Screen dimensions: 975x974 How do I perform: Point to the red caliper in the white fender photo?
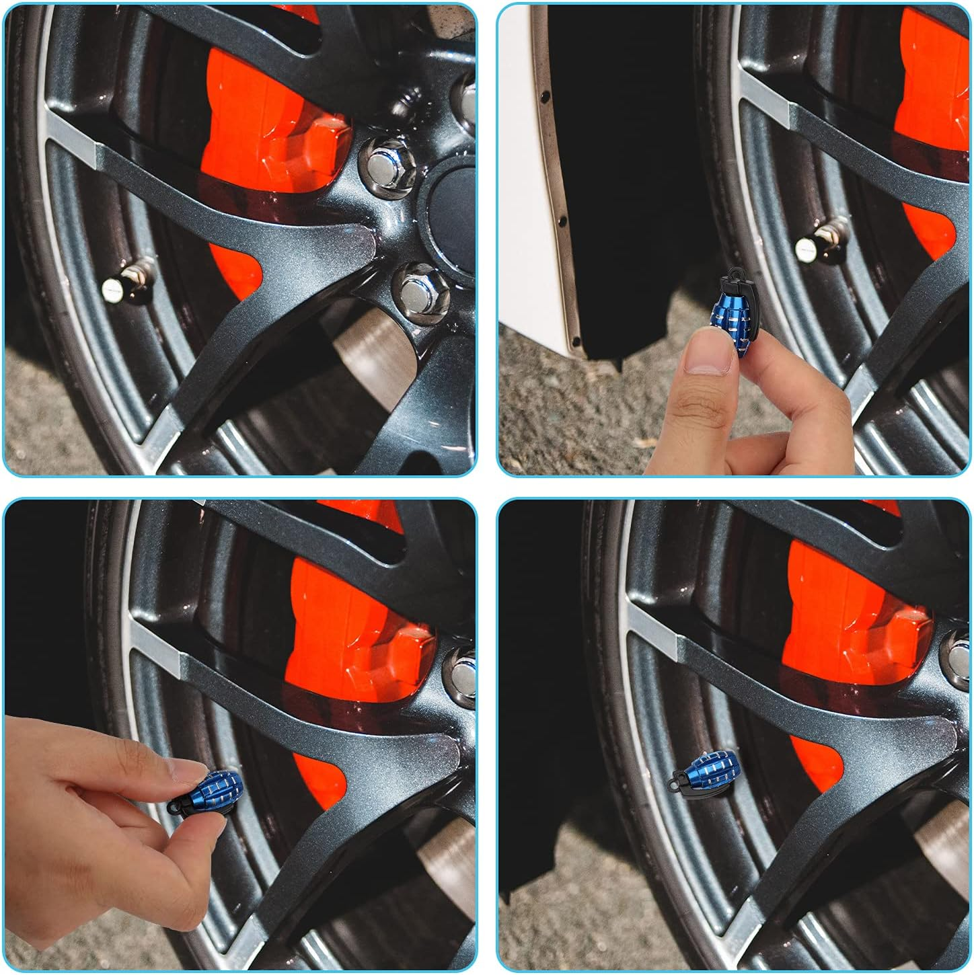[932, 134]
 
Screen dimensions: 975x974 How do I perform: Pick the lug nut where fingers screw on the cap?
[463, 669]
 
